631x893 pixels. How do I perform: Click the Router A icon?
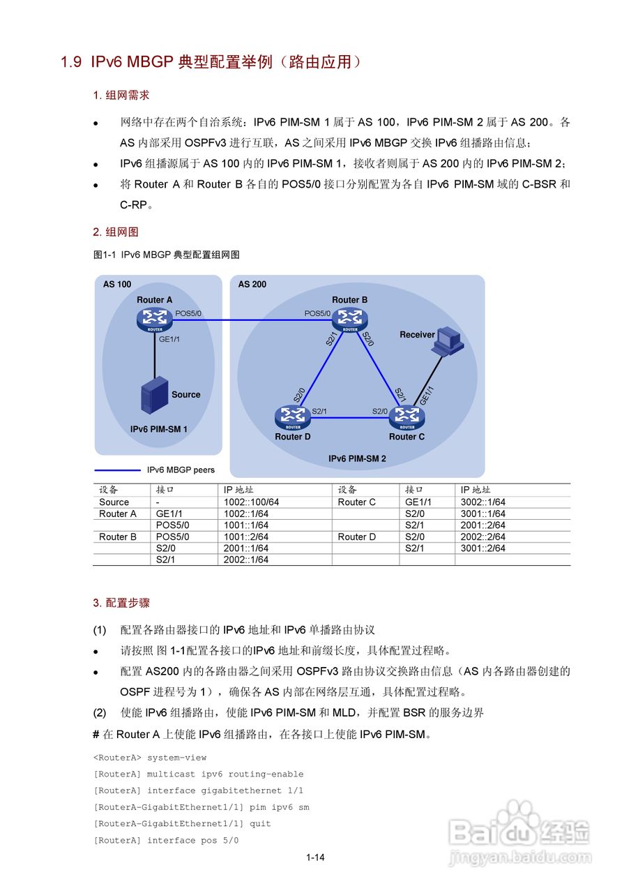[154, 320]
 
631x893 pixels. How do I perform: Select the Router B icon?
[349, 320]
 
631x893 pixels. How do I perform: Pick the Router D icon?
[293, 417]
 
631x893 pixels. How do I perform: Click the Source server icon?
[154, 396]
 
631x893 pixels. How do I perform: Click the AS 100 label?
[117, 285]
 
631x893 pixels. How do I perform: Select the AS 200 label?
[252, 285]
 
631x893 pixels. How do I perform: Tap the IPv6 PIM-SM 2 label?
[357, 459]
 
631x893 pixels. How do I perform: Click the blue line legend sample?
[117, 470]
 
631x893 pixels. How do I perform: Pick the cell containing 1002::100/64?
[251, 502]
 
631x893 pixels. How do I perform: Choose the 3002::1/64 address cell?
[483, 502]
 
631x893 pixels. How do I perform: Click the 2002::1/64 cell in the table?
[246, 560]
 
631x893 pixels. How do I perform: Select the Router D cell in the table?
[357, 536]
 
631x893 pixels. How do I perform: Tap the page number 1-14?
[315, 857]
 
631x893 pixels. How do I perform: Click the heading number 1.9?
[72, 62]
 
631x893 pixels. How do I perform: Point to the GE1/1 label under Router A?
[169, 339]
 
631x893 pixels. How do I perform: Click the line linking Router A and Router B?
[251, 320]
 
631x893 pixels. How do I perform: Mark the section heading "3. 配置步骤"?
[121, 602]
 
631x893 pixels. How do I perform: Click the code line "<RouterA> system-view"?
[150, 758]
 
